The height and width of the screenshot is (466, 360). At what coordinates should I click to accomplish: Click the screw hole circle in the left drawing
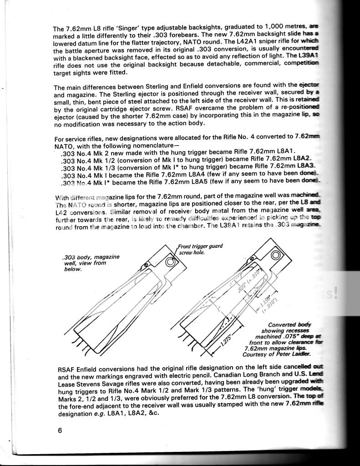pos(172,262)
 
